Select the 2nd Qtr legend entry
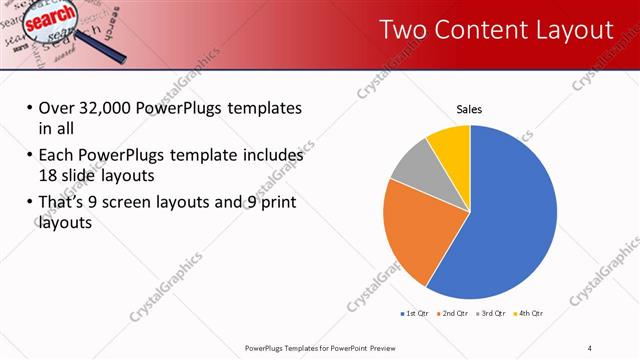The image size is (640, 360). [x=453, y=313]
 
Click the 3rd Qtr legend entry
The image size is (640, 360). [x=492, y=313]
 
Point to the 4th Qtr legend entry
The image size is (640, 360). [x=528, y=313]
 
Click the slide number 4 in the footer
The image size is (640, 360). [x=590, y=347]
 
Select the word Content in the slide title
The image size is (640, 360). [x=484, y=30]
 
